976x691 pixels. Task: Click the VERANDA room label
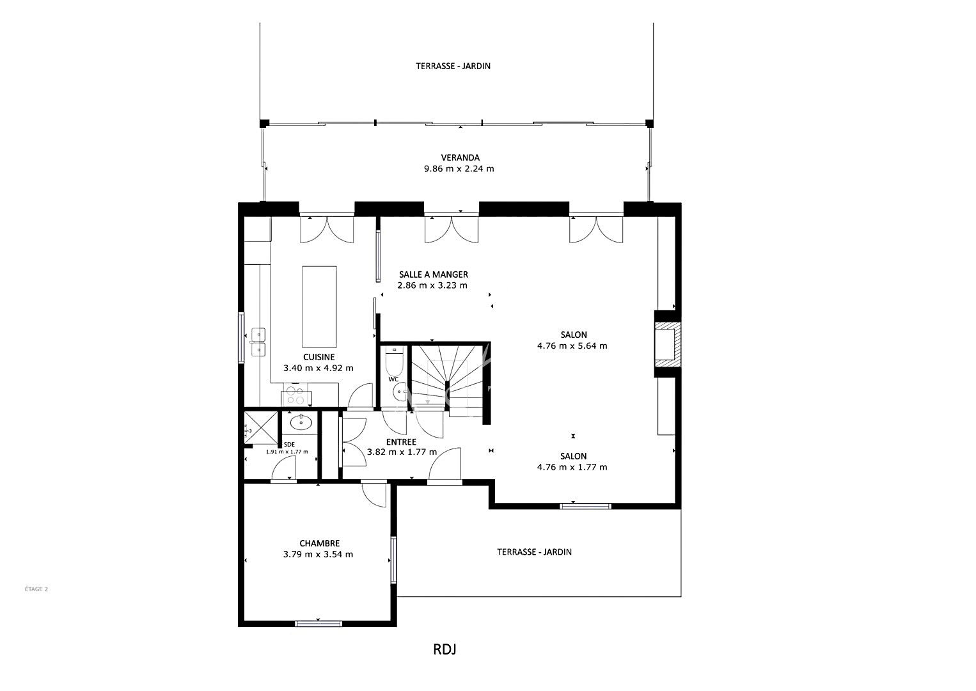(460, 157)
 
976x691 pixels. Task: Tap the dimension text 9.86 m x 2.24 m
(459, 169)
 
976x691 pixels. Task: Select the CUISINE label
(319, 357)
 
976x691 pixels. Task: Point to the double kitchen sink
(258, 342)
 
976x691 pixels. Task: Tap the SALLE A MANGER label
(434, 274)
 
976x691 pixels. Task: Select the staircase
(449, 380)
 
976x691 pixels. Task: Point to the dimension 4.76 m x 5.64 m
(572, 345)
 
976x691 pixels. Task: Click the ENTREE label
(401, 442)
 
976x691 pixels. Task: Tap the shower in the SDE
(260, 427)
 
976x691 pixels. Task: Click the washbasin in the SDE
(301, 422)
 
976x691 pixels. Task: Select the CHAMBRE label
(319, 543)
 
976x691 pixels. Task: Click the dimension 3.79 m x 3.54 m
(318, 555)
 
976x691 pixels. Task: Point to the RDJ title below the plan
(445, 649)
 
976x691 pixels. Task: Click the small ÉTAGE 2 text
(36, 589)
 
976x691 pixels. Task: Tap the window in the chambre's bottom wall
(319, 624)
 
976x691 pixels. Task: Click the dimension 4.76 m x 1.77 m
(572, 467)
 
